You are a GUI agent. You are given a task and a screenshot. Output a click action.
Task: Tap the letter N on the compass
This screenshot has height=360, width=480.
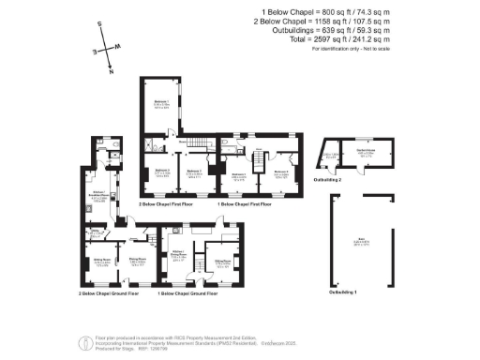click(x=111, y=70)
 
